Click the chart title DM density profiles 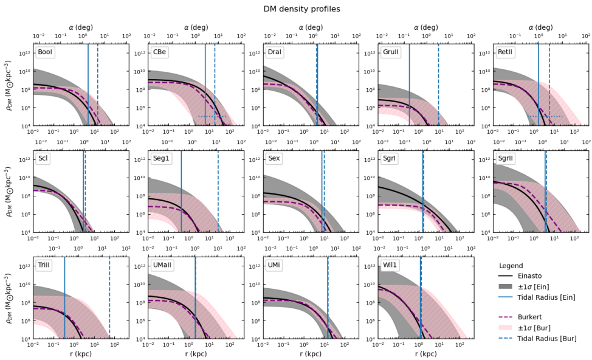pos(301,9)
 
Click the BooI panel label pos(46,52)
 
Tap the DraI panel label pos(275,52)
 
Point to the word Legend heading pos(511,266)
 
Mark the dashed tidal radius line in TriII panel pos(109,298)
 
